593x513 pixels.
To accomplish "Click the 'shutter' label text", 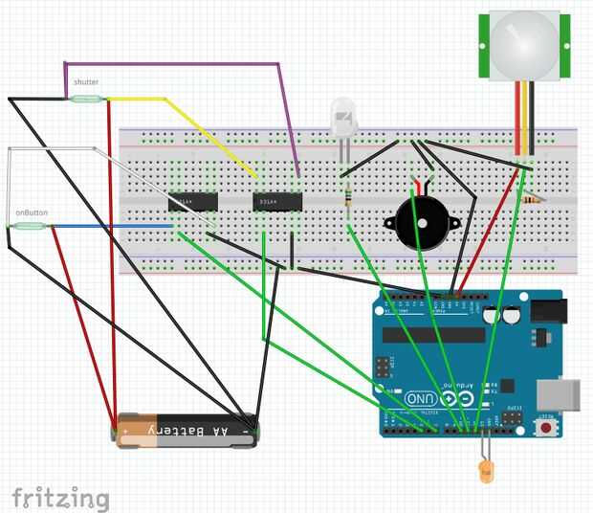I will [x=86, y=83].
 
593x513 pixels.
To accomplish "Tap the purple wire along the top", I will [x=172, y=64].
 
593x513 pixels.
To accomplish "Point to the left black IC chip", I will [x=192, y=202].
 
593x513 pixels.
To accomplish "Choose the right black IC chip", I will [x=277, y=202].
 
